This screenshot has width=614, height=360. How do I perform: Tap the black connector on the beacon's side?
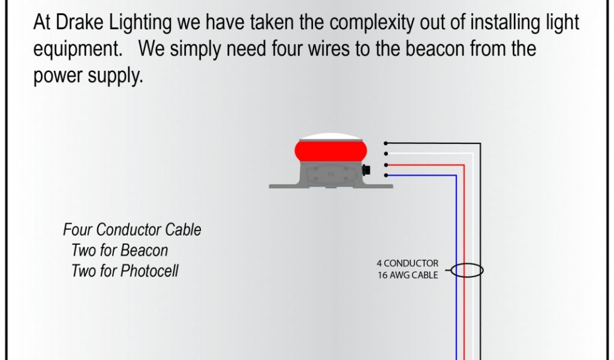pos(367,170)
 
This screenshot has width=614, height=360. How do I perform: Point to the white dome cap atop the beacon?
pos(330,136)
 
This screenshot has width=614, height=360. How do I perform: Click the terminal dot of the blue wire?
pos(386,175)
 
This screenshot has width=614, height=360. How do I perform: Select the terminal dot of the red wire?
pos(386,164)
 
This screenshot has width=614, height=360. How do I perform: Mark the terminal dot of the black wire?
pos(386,143)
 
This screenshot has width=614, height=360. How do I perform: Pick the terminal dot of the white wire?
pos(386,154)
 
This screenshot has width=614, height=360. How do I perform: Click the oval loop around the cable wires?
pos(467,271)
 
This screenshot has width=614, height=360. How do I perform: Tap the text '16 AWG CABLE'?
pos(408,275)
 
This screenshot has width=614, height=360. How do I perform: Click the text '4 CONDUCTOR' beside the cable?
pos(408,263)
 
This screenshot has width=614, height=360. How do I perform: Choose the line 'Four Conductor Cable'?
pos(132,230)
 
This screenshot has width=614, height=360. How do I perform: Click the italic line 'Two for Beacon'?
pos(120,250)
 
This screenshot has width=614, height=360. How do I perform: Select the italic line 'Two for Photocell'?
pos(125,271)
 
